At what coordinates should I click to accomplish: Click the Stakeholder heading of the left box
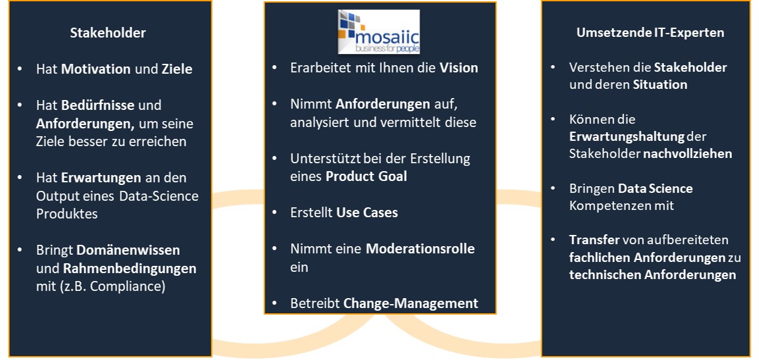coord(108,33)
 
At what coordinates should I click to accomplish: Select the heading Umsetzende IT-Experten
coord(650,33)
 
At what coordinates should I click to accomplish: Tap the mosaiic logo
coord(379,32)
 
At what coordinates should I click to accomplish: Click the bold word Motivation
coord(96,69)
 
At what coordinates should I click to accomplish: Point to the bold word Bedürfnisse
coord(98,105)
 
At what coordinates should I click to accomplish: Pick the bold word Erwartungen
coord(99,178)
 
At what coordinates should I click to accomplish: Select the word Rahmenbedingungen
coord(130,268)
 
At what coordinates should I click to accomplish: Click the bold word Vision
coord(459,68)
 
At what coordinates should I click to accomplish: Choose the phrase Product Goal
coord(367,176)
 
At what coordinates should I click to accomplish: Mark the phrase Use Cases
coord(367,213)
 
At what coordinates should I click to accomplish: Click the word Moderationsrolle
coord(420,249)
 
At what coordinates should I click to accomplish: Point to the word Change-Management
coord(411,303)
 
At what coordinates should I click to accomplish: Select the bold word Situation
coord(660,85)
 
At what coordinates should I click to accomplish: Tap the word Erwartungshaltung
coord(627,136)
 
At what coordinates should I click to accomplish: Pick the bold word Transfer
coord(594,240)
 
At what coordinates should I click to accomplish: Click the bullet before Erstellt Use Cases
coord(275,213)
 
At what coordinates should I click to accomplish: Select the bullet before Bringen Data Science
coord(553,188)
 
